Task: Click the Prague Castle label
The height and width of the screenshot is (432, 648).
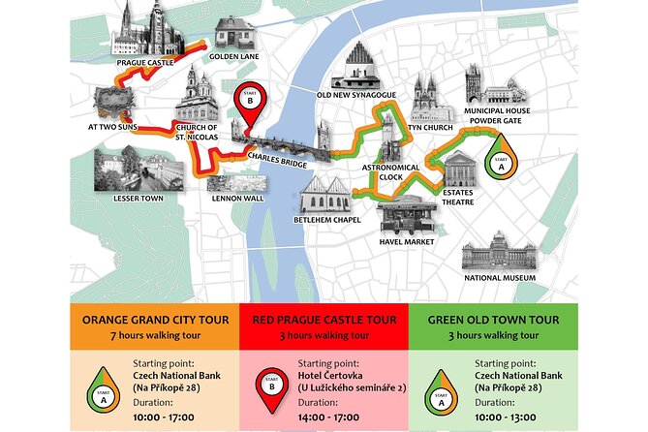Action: click(144, 63)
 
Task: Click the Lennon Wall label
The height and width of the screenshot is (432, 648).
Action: click(237, 199)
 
